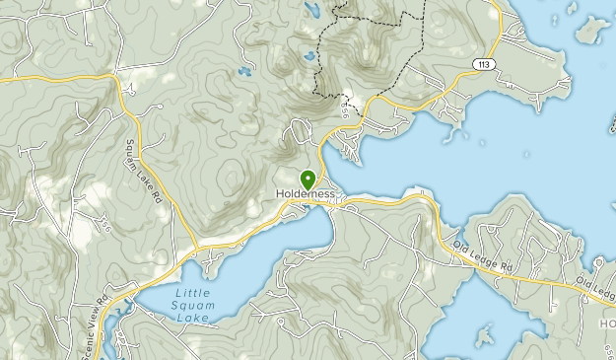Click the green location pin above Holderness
(x=308, y=179)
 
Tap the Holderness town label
(x=308, y=194)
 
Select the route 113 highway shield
(x=483, y=64)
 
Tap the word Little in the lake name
(x=192, y=294)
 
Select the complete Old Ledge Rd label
(x=485, y=254)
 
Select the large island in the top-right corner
(x=592, y=30)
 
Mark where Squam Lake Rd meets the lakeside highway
(x=195, y=244)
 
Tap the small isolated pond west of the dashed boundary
(x=242, y=71)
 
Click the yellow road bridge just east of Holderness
(x=340, y=204)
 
